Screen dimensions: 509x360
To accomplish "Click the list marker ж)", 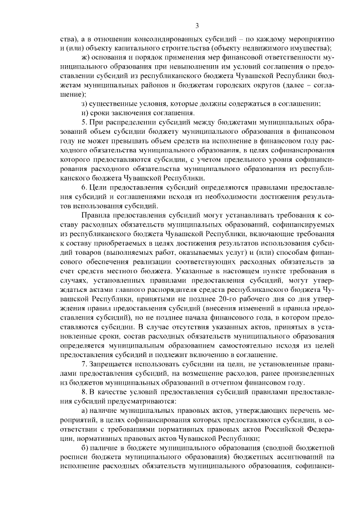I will tap(85, 58).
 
